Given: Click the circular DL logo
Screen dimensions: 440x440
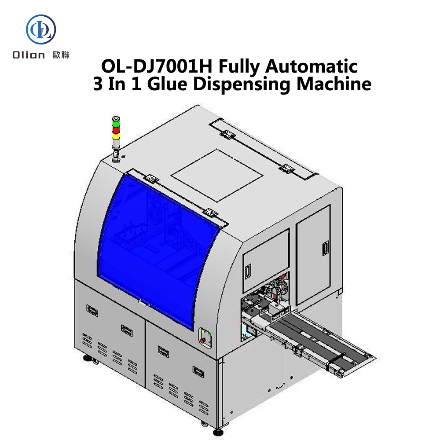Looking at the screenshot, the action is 41,29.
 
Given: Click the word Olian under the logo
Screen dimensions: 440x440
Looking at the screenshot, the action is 29,55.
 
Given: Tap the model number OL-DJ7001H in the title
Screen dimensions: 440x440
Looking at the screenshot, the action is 157,66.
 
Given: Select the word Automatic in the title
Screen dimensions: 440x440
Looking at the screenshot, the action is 312,66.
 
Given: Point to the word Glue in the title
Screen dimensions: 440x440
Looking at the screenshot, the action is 167,84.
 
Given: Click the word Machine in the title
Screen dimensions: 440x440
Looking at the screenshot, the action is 334,84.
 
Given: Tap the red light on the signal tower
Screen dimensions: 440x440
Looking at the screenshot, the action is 116,130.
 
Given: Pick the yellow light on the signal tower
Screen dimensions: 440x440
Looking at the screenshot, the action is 116,136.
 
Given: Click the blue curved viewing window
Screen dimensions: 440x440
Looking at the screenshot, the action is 157,250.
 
